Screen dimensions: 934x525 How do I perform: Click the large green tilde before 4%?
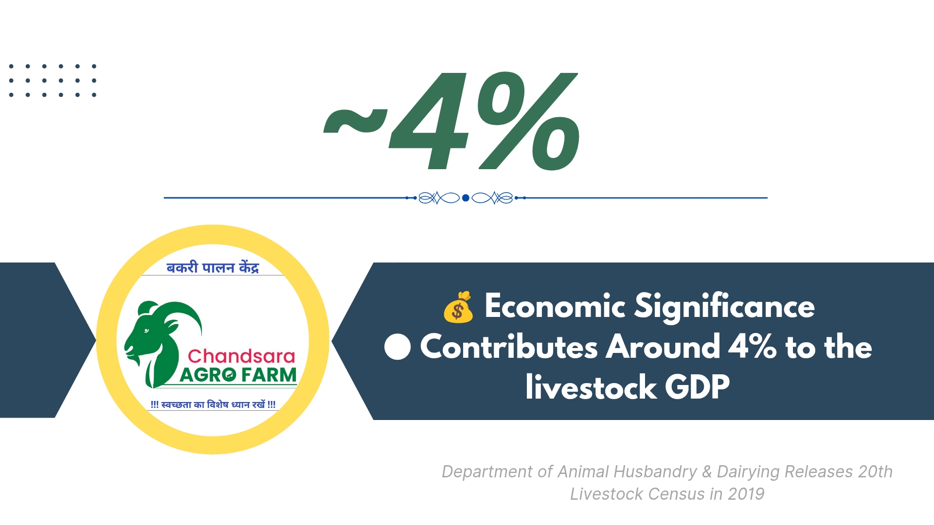point(356,122)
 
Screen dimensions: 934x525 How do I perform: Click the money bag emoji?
point(458,307)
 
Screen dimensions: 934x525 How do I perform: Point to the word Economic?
point(555,307)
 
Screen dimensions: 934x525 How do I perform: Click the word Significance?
point(725,307)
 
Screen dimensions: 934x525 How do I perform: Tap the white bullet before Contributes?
point(397,347)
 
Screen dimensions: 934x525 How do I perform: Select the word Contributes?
point(509,347)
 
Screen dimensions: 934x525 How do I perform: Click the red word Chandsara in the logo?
point(241,356)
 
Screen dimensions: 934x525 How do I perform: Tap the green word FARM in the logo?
point(269,375)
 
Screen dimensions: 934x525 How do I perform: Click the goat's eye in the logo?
point(146,331)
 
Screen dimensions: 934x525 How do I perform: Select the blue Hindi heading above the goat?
point(213,267)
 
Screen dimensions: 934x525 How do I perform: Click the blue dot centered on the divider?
point(466,198)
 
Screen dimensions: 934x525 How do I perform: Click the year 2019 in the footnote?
point(746,494)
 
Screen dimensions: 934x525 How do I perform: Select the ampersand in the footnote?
point(707,472)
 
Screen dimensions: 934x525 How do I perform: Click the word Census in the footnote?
point(677,494)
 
